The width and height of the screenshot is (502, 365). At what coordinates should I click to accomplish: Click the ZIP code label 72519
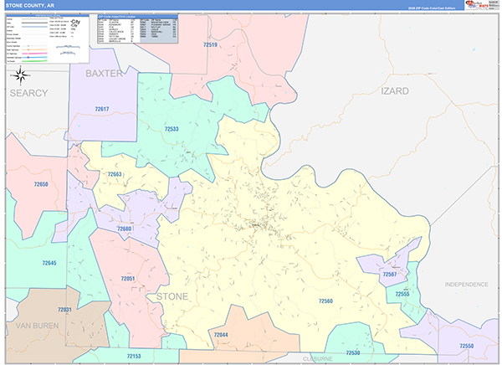coord(209,44)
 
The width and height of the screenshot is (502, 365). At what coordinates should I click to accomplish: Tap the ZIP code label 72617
coord(101,109)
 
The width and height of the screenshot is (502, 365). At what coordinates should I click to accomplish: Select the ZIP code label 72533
coord(171,129)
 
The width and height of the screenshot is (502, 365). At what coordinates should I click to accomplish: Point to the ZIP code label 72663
coord(115,174)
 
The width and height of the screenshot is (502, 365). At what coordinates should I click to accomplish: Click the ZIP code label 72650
coord(41,184)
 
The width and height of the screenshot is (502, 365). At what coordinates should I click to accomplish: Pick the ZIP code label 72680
coord(124,229)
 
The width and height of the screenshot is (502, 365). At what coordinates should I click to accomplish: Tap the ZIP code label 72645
coord(49,263)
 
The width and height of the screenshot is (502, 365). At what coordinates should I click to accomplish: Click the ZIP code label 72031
coord(64,310)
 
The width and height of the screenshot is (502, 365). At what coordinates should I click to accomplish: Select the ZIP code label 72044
coord(220,335)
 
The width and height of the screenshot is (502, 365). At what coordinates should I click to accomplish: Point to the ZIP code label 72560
coord(325,301)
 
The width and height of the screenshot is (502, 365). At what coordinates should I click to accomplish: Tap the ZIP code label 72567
coord(390,275)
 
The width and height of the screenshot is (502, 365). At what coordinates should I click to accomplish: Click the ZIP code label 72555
coord(402,294)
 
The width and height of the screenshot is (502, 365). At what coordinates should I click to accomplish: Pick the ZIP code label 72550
coord(466,346)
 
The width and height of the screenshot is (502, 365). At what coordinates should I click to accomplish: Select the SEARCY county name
coord(30,93)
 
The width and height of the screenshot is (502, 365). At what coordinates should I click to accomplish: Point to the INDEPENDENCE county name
coord(466,285)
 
